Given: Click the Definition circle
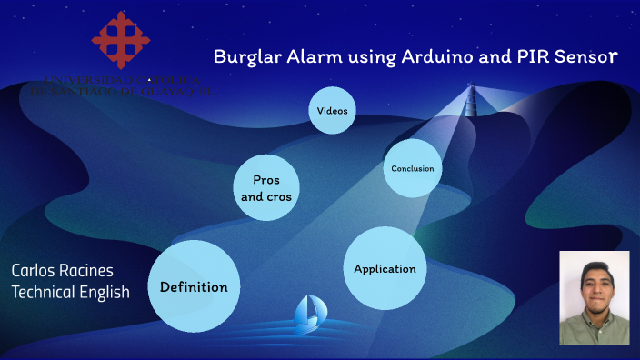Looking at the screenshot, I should (x=194, y=286).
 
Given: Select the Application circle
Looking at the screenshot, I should (x=385, y=268).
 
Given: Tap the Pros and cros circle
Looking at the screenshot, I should (x=266, y=188).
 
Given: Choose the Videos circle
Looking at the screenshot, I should (x=332, y=111).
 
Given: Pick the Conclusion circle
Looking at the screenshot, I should (x=412, y=168).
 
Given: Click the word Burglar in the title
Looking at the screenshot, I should (x=245, y=56).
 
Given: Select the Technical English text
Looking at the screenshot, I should (x=70, y=292).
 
